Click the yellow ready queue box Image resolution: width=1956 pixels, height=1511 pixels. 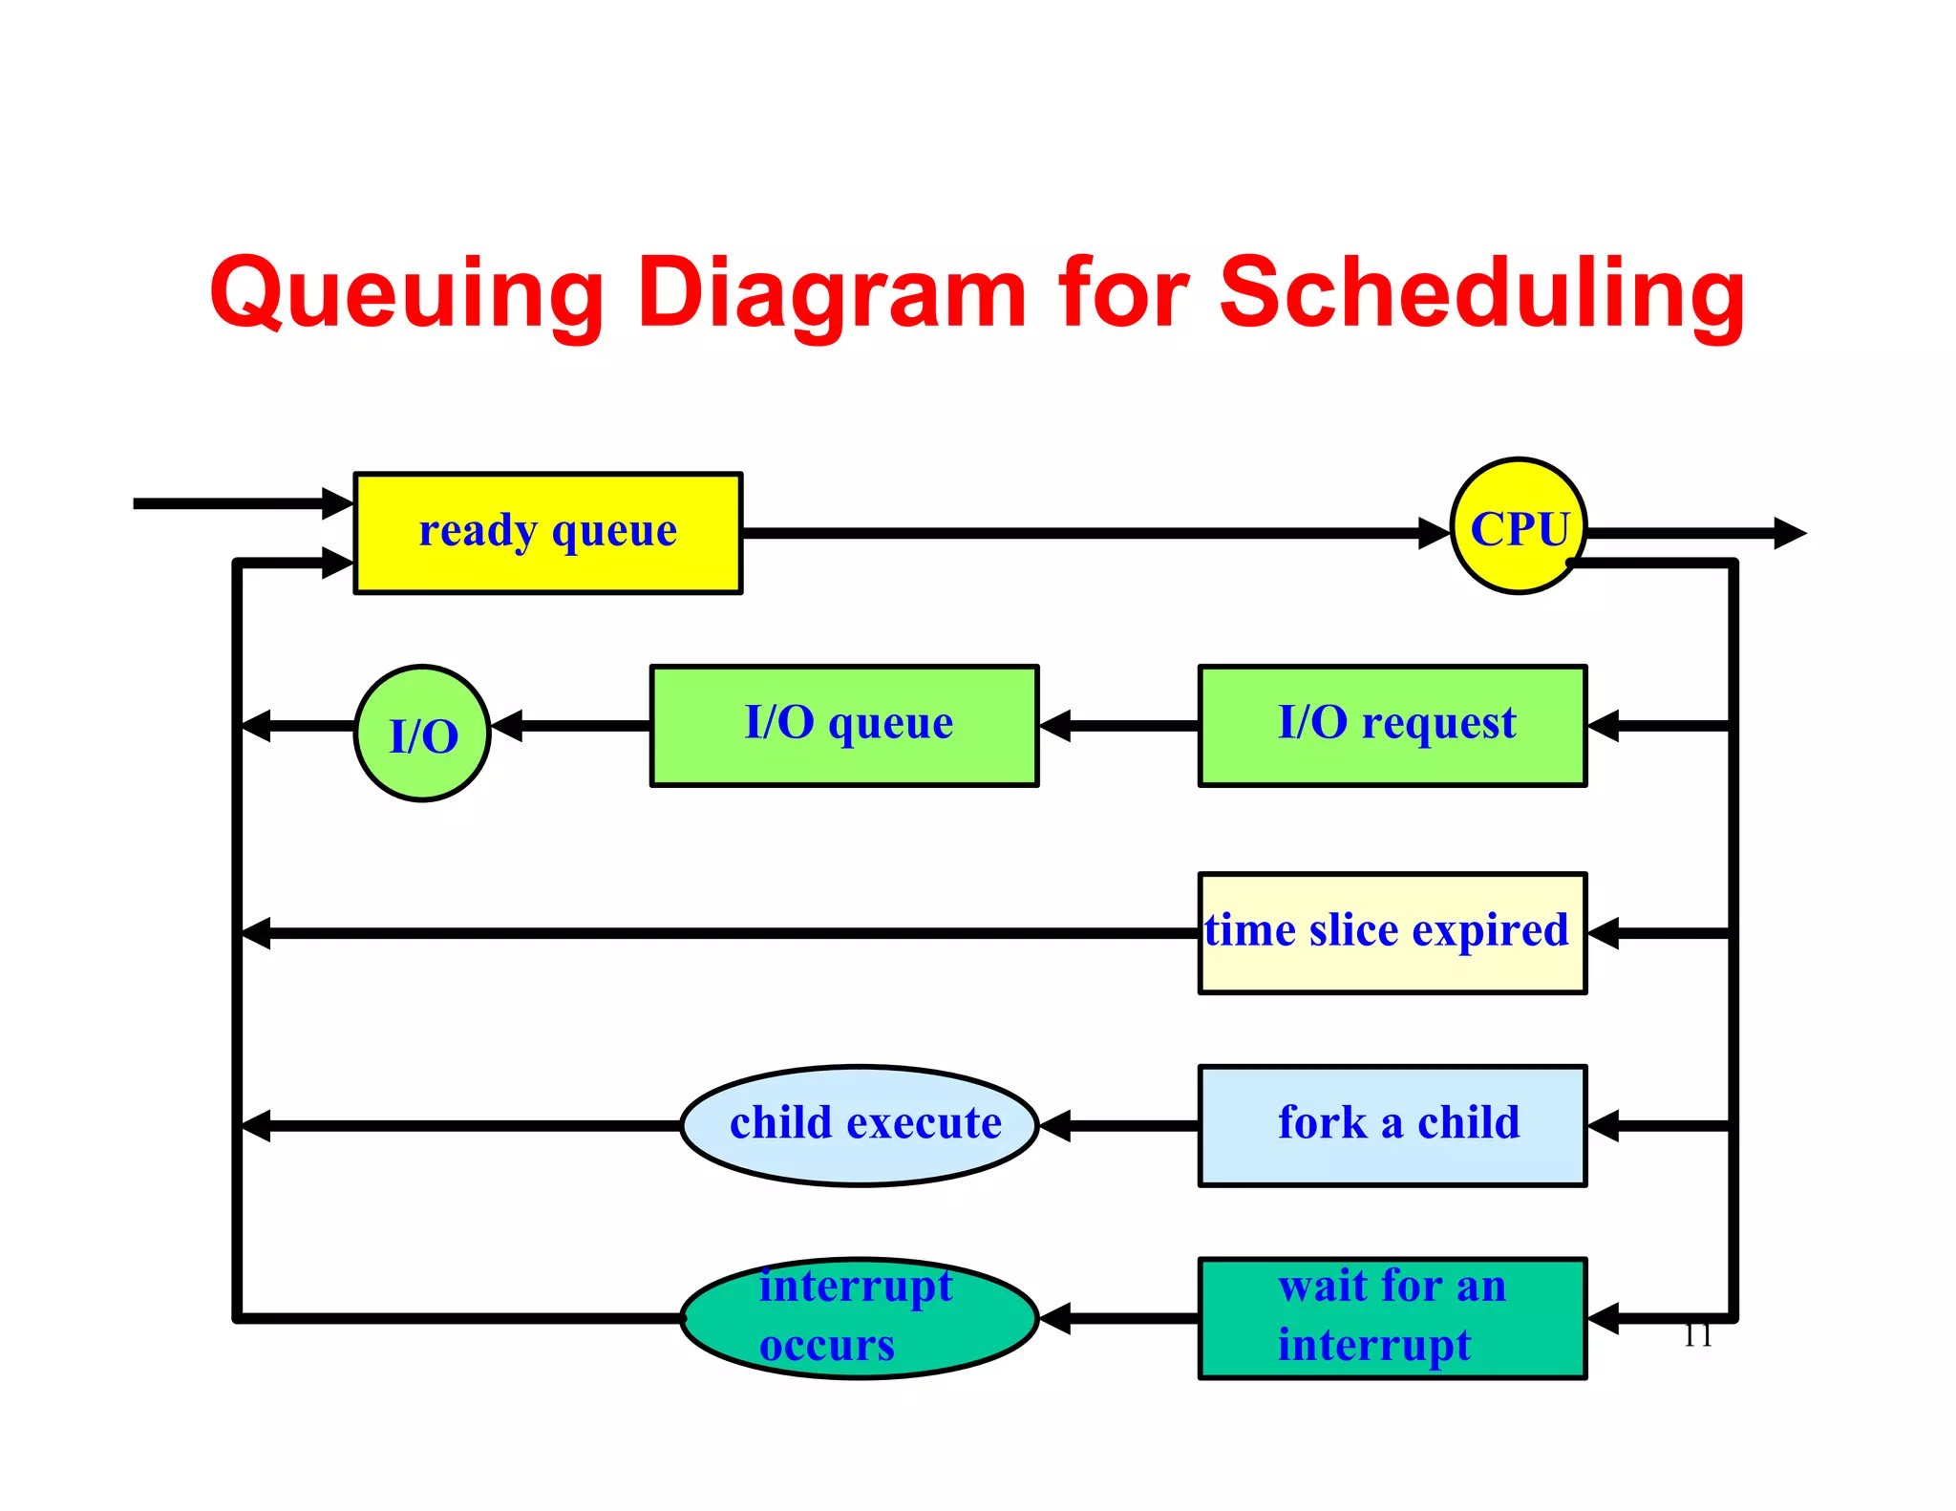click(547, 533)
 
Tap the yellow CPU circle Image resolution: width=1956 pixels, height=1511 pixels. click(1518, 526)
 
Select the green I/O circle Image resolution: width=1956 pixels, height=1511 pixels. click(422, 734)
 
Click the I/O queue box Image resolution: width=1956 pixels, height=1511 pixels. click(844, 726)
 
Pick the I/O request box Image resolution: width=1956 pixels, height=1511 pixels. click(1392, 726)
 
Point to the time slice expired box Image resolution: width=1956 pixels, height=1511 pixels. click(1392, 933)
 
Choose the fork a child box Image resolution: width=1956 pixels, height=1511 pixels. click(1392, 1126)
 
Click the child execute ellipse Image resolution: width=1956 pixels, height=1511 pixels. click(860, 1126)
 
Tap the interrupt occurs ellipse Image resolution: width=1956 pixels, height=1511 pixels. click(860, 1318)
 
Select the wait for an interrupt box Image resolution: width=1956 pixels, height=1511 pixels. click(1392, 1318)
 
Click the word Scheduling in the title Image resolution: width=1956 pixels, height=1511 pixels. click(1482, 294)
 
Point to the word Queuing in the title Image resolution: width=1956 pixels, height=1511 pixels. click(407, 294)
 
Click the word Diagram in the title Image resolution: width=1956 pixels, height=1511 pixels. click(831, 294)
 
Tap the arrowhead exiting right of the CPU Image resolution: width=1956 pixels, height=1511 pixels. click(1788, 533)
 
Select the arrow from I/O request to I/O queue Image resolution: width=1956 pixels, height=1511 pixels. click(1117, 726)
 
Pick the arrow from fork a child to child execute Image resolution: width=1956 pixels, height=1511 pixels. click(1117, 1126)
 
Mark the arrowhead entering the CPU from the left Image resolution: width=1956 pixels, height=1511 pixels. click(1433, 533)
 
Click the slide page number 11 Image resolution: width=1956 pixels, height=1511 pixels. click(1697, 1335)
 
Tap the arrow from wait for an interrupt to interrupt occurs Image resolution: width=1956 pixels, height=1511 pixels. click(1117, 1318)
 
